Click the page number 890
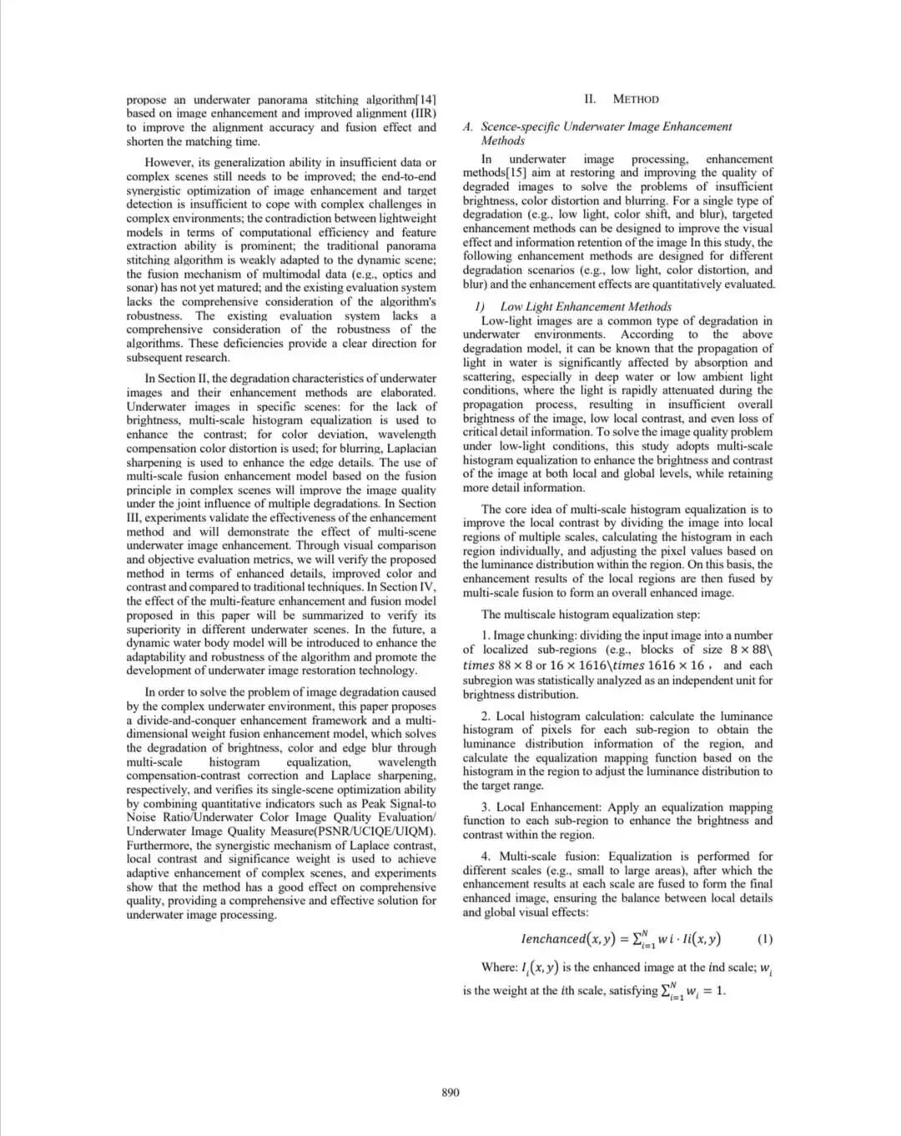pyautogui.click(x=450, y=1093)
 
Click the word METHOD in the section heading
pyautogui.click(x=636, y=99)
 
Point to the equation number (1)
pyautogui.click(x=764, y=939)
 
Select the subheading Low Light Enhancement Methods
pyautogui.click(x=586, y=307)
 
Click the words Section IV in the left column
pyautogui.click(x=390, y=587)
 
